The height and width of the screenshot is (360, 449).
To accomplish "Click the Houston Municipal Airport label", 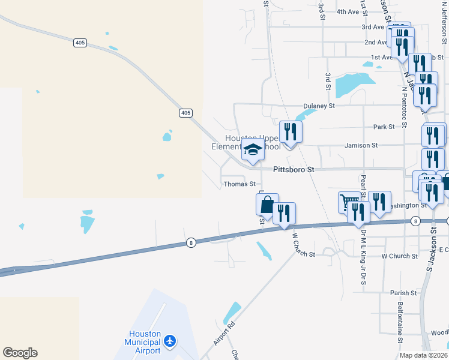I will (145, 342).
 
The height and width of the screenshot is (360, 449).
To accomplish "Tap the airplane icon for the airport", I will (170, 341).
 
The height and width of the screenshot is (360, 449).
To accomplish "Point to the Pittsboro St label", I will (294, 170).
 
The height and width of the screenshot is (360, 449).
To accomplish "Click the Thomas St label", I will (240, 184).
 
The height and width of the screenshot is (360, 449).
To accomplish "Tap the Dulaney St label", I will (319, 106).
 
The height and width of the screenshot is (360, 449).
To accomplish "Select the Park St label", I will (384, 127).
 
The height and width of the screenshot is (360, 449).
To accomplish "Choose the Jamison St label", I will (361, 145).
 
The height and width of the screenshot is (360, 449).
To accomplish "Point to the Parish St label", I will (403, 293).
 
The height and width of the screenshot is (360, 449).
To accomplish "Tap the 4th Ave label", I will (347, 11).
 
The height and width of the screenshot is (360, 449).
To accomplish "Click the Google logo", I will (20, 353).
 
